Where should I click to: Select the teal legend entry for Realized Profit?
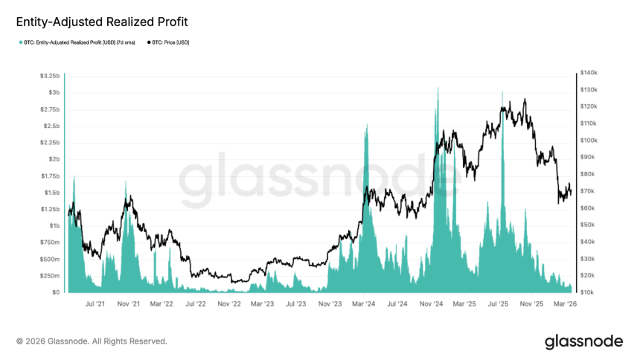(78, 42)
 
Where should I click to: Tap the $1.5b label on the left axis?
(52, 193)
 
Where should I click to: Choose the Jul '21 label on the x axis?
(95, 303)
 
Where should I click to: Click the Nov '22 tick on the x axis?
(228, 303)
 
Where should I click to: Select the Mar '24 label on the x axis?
(363, 303)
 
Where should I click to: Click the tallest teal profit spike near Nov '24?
(438, 88)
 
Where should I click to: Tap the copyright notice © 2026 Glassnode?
(92, 341)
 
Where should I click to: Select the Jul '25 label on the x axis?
(498, 303)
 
